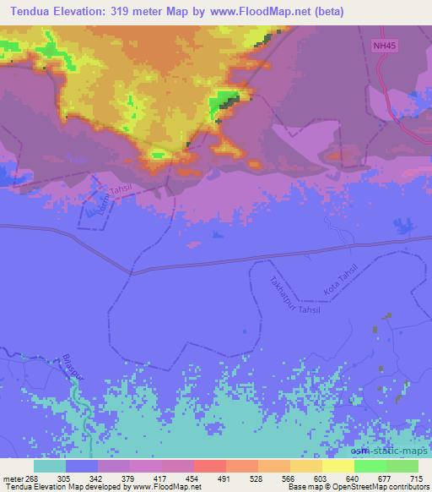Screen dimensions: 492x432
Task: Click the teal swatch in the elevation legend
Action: pyautogui.click(x=50, y=465)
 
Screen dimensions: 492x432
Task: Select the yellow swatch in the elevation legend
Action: pyautogui.click(x=337, y=465)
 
